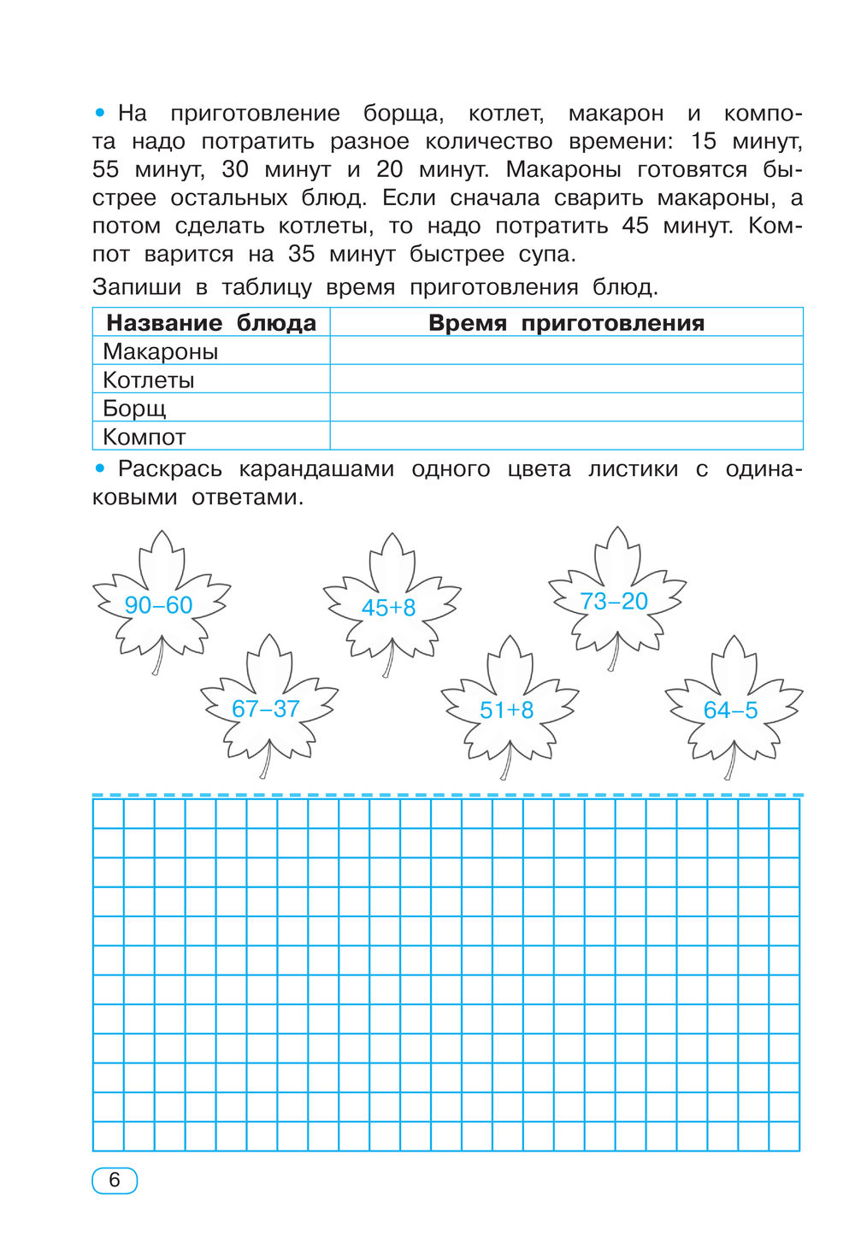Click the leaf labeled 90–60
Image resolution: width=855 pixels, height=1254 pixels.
[159, 604]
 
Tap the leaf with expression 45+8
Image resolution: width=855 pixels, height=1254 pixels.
[389, 607]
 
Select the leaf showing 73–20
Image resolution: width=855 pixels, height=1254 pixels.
[614, 601]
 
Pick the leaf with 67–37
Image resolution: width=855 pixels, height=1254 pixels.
[266, 709]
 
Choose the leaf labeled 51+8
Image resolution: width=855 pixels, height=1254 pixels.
[507, 709]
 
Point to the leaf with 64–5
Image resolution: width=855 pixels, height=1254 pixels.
[731, 709]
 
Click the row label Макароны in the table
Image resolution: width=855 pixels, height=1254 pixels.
[161, 351]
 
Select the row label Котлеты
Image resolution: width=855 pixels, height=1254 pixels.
[149, 380]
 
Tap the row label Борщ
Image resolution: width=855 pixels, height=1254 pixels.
[134, 408]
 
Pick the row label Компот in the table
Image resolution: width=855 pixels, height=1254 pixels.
[144, 437]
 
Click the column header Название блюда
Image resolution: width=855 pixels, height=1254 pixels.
[211, 323]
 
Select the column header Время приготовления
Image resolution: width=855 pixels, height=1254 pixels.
[566, 323]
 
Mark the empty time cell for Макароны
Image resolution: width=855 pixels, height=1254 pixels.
[566, 351]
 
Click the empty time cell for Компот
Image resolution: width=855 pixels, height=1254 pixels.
[566, 436]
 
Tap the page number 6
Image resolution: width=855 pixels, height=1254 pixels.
[115, 1180]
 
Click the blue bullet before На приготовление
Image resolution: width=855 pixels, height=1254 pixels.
[100, 113]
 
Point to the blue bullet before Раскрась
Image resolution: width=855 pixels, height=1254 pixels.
[100, 468]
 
